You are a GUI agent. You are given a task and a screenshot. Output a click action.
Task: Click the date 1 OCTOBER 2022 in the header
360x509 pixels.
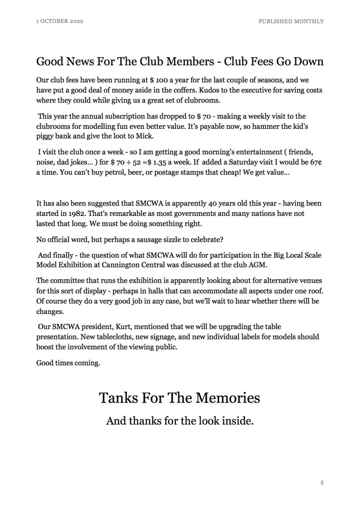tap(60, 21)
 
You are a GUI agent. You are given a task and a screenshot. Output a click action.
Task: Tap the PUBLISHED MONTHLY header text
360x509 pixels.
tap(292, 21)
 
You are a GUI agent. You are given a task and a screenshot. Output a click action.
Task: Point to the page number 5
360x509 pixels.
tap(322, 482)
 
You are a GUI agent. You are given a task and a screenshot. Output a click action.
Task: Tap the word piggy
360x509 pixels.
tap(46, 138)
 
